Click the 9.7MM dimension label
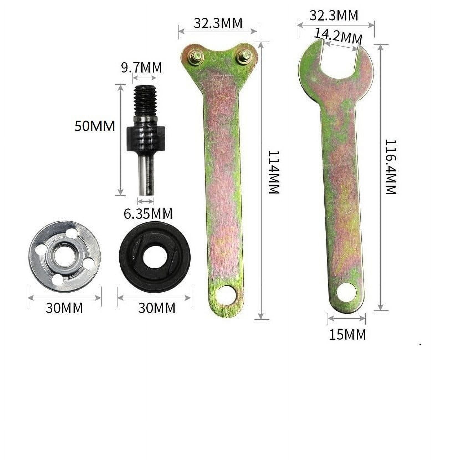(141, 67)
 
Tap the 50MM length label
(95, 126)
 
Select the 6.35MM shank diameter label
(148, 214)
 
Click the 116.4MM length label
(391, 167)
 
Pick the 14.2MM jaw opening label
(338, 36)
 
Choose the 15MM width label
(347, 334)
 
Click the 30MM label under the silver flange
(64, 308)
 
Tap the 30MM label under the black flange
(157, 308)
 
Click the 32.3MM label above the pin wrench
(218, 23)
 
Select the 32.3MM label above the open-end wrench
(334, 16)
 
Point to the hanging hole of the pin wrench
(226, 296)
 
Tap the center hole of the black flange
(155, 257)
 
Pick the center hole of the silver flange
(63, 257)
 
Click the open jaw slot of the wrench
(339, 57)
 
